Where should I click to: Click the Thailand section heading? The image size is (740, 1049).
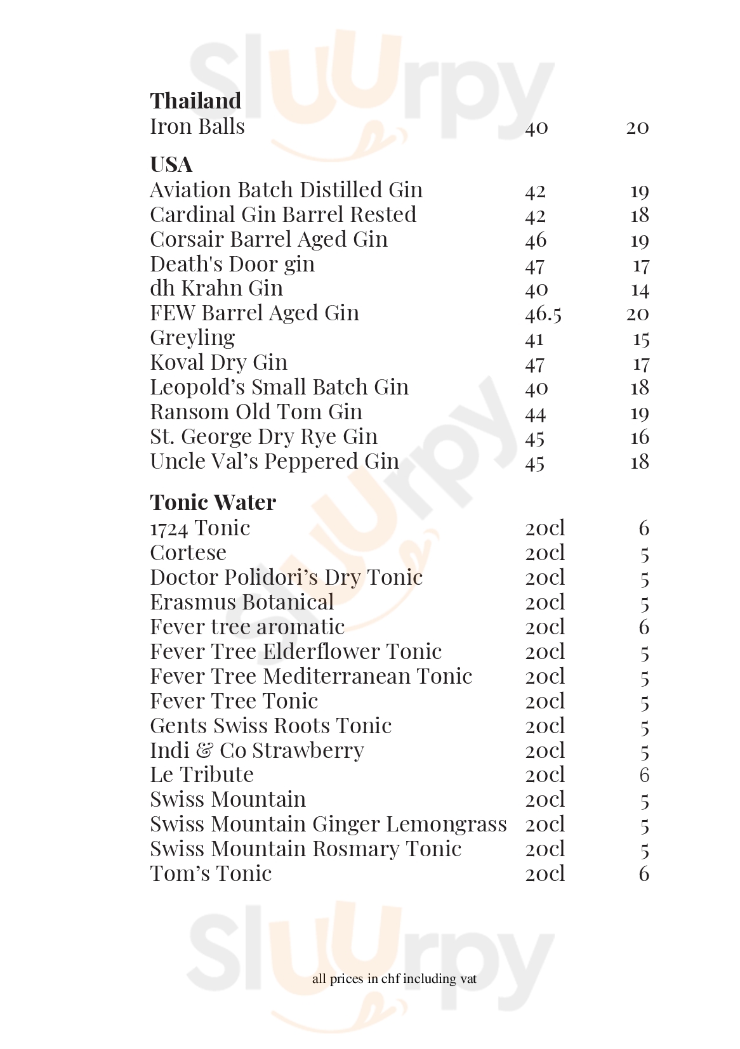pyautogui.click(x=195, y=101)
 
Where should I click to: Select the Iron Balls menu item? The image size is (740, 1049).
pyautogui.click(x=197, y=127)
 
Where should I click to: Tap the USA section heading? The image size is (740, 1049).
pyautogui.click(x=171, y=165)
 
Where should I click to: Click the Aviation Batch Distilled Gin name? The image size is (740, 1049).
pyautogui.click(x=286, y=190)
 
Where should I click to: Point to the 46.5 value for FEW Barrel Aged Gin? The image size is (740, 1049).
pyautogui.click(x=543, y=314)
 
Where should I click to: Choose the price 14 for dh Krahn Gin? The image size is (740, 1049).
pyautogui.click(x=640, y=290)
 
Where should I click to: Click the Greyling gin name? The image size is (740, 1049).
pyautogui.click(x=192, y=338)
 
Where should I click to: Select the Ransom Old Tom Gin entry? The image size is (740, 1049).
pyautogui.click(x=256, y=412)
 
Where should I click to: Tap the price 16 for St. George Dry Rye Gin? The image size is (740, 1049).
pyautogui.click(x=640, y=437)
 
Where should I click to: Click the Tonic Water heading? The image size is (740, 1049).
pyautogui.click(x=213, y=502)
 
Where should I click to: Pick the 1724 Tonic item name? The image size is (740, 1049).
pyautogui.click(x=200, y=528)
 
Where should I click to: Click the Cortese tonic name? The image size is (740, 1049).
pyautogui.click(x=188, y=553)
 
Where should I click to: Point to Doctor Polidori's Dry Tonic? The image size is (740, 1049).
pyautogui.click(x=286, y=578)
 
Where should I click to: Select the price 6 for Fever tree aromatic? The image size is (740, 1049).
pyautogui.click(x=644, y=627)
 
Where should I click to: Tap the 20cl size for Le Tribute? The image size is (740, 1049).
pyautogui.click(x=545, y=775)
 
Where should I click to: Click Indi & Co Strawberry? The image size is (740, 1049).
pyautogui.click(x=257, y=751)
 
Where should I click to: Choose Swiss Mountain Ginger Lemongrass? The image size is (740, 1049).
pyautogui.click(x=328, y=824)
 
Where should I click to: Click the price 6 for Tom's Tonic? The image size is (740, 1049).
pyautogui.click(x=644, y=874)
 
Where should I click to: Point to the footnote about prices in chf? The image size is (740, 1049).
pyautogui.click(x=394, y=979)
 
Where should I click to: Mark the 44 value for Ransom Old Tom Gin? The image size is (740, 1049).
pyautogui.click(x=536, y=414)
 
